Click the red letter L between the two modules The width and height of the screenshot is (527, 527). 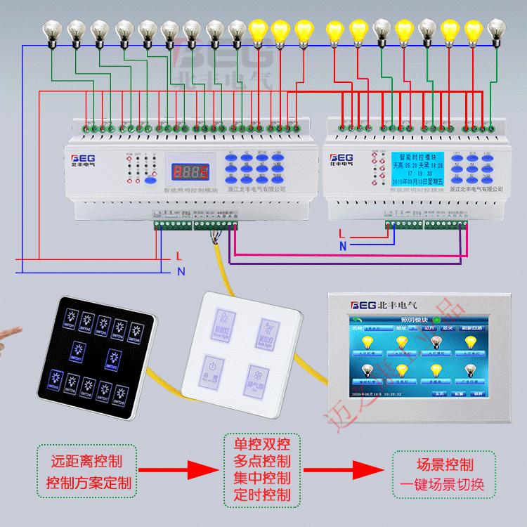point(341,233)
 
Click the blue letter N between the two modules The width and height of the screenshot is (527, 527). point(342,246)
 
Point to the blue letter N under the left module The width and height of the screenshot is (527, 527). point(181,271)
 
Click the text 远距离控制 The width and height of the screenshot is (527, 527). point(87,462)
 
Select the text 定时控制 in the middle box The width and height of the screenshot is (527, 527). point(262,495)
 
